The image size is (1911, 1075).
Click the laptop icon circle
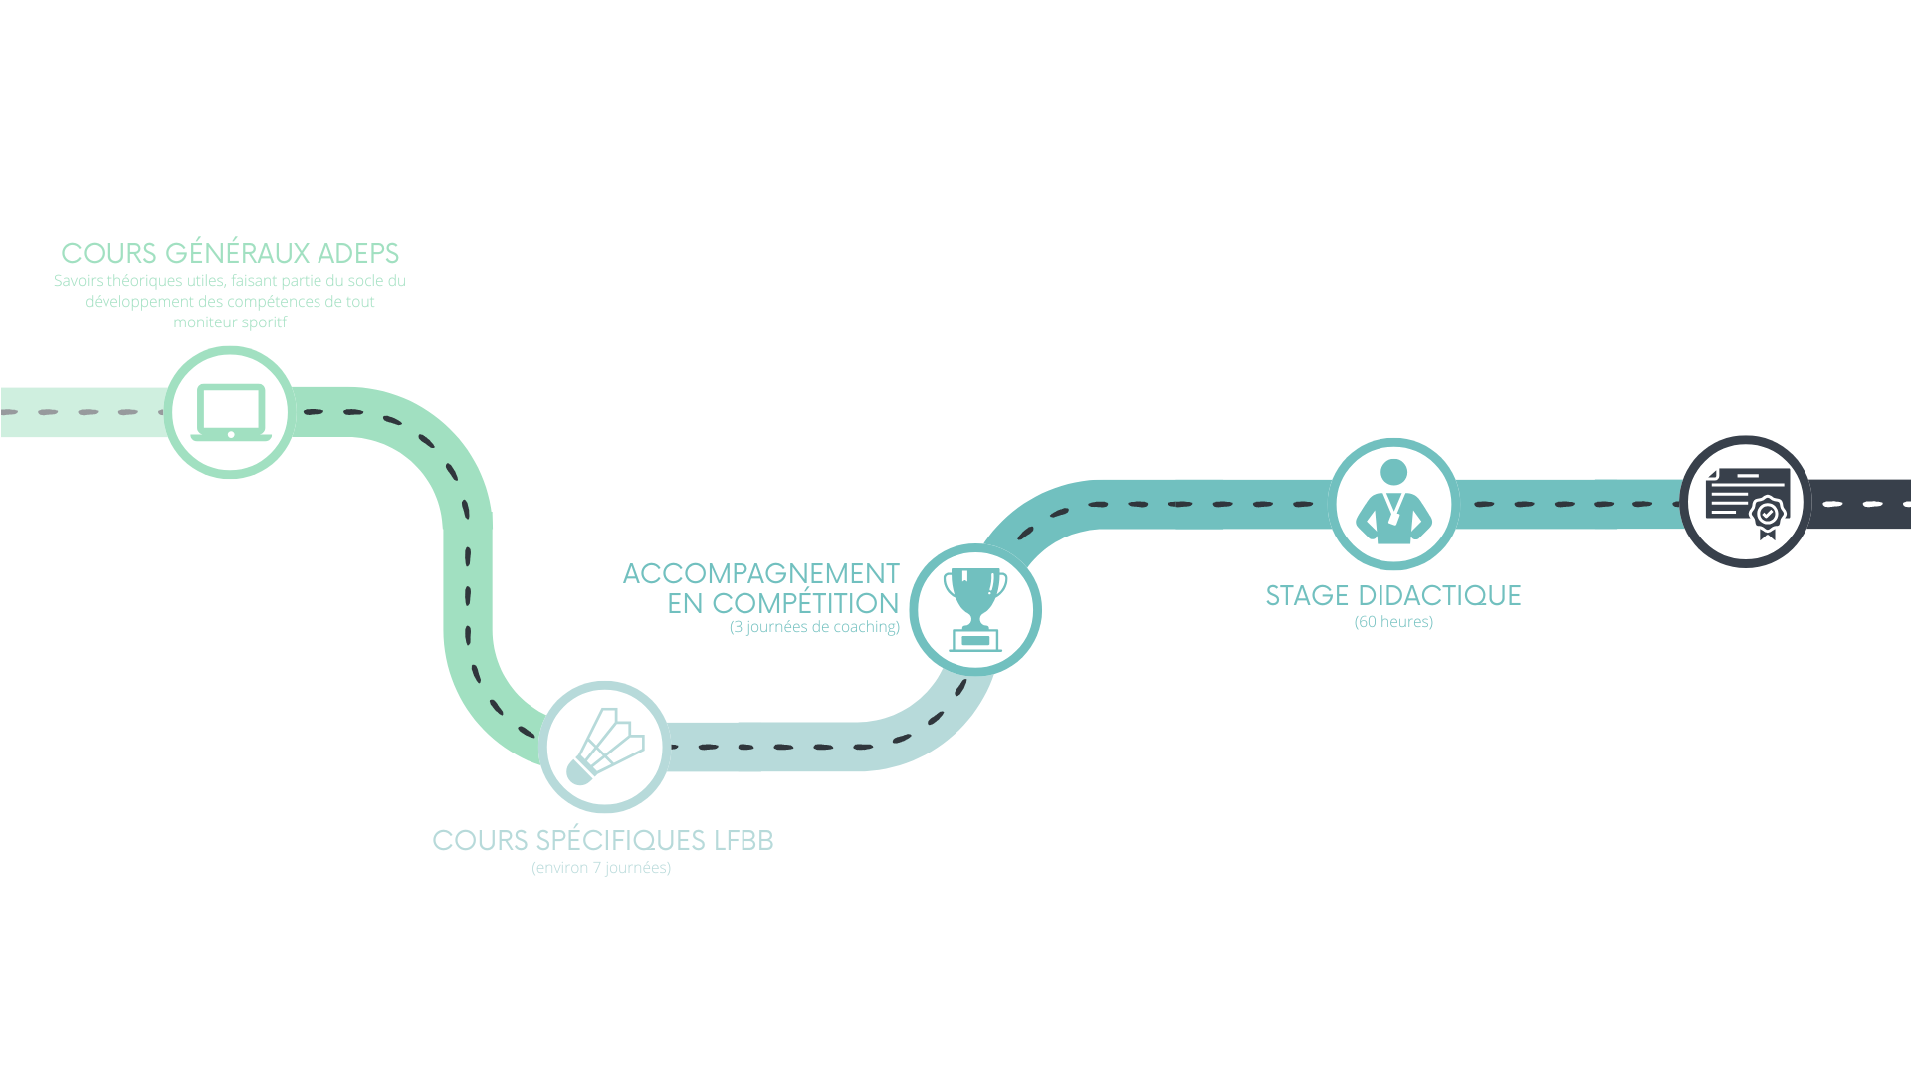tap(230, 412)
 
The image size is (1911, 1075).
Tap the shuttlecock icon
tap(605, 747)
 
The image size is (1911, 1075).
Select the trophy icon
tap(975, 609)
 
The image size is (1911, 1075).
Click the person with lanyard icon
tap(1393, 503)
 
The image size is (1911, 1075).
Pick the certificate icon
tap(1746, 501)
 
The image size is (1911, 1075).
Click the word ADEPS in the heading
tap(358, 253)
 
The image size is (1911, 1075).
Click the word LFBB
tap(743, 840)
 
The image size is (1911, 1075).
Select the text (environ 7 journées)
tap(601, 868)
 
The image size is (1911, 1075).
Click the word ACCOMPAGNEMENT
tap(761, 574)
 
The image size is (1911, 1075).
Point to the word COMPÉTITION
tap(805, 603)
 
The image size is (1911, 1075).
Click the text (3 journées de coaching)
tap(814, 627)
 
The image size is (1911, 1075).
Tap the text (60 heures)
tap(1393, 622)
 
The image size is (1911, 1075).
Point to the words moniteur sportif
tap(230, 322)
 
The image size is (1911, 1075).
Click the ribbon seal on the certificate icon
tap(1768, 516)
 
